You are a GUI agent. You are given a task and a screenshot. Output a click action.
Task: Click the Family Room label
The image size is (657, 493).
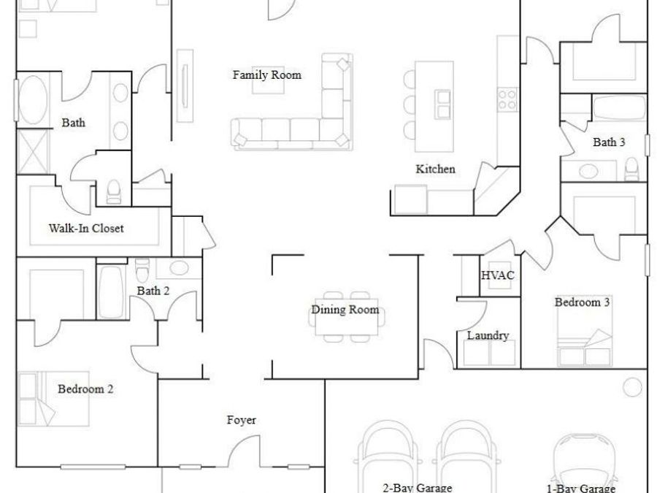(266, 74)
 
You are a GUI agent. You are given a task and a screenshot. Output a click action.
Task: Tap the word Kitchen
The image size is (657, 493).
(435, 169)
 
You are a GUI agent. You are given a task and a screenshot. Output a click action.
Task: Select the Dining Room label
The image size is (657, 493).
(345, 309)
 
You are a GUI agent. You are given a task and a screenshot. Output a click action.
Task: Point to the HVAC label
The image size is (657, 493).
(498, 275)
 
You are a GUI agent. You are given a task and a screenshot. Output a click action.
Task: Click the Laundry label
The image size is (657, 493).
(488, 335)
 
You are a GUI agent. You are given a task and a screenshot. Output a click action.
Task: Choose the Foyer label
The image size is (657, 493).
(241, 420)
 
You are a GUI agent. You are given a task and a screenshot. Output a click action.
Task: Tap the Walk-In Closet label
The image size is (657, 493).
(86, 228)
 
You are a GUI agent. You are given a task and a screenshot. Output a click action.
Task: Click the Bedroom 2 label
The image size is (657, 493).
(85, 389)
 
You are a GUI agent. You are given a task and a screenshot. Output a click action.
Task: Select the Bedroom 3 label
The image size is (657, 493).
(582, 302)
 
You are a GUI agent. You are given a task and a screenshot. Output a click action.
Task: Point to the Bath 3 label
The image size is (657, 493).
(608, 142)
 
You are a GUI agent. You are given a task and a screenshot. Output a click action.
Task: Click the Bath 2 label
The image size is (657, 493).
(153, 291)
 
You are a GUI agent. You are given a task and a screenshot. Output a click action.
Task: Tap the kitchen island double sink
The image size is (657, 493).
(443, 103)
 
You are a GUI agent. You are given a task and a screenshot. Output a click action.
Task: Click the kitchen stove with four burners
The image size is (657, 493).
(507, 99)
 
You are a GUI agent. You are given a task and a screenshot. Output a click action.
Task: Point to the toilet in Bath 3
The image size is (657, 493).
(632, 170)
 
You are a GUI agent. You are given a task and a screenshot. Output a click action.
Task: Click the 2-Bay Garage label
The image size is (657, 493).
(418, 487)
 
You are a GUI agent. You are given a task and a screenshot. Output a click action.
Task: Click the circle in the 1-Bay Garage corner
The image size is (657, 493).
(631, 387)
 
